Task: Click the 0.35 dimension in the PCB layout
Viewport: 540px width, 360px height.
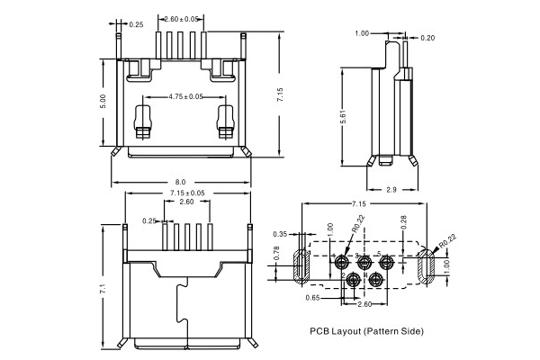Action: coord(280,233)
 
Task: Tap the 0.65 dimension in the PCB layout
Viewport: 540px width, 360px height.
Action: coord(312,295)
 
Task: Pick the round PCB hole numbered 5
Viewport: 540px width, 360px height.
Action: coord(386,262)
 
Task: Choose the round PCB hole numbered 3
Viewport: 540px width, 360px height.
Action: coord(364,262)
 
